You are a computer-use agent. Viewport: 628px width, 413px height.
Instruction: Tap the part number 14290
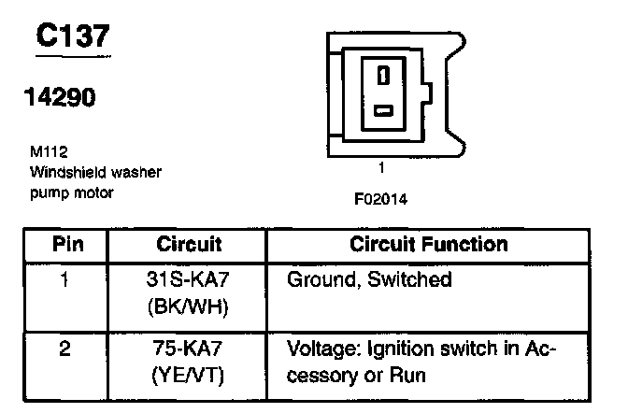(x=60, y=99)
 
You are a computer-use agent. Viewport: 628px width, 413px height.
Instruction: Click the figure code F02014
(x=380, y=199)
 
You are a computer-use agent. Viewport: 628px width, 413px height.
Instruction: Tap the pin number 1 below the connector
(x=381, y=170)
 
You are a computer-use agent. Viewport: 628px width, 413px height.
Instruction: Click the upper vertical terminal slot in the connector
(x=381, y=75)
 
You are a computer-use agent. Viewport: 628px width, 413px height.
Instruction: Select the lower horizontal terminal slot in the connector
(x=381, y=112)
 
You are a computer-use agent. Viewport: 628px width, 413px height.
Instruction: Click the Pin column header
(x=67, y=246)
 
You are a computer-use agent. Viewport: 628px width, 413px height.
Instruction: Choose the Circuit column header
(x=189, y=246)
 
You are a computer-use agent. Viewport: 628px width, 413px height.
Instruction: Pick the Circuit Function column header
(x=429, y=246)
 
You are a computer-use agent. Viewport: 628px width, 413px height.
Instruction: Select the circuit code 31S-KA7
(x=190, y=279)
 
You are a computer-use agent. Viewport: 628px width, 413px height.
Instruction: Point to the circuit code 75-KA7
(x=190, y=350)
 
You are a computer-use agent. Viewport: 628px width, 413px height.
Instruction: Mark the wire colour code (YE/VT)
(x=190, y=377)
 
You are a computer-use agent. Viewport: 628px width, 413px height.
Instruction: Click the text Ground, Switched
(x=370, y=279)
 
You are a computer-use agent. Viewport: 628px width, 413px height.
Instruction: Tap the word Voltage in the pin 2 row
(x=323, y=350)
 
